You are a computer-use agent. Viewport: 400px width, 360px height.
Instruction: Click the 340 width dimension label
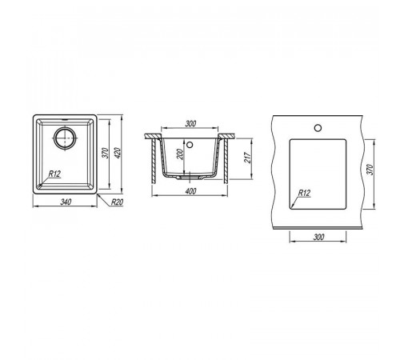click(66, 202)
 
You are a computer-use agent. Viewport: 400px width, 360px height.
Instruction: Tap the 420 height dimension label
click(118, 152)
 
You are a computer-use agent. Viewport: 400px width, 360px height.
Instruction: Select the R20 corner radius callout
click(117, 202)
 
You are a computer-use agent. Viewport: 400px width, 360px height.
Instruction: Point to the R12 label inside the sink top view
click(54, 174)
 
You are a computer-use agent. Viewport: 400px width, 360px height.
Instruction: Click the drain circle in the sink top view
click(65, 138)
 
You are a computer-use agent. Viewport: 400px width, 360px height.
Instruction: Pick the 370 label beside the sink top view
click(106, 153)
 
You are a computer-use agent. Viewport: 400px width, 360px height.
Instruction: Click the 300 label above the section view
click(190, 124)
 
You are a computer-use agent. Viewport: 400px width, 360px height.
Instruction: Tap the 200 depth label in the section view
click(181, 154)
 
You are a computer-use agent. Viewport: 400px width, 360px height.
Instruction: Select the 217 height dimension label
click(247, 158)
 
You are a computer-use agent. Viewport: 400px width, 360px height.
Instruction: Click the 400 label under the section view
click(190, 191)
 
